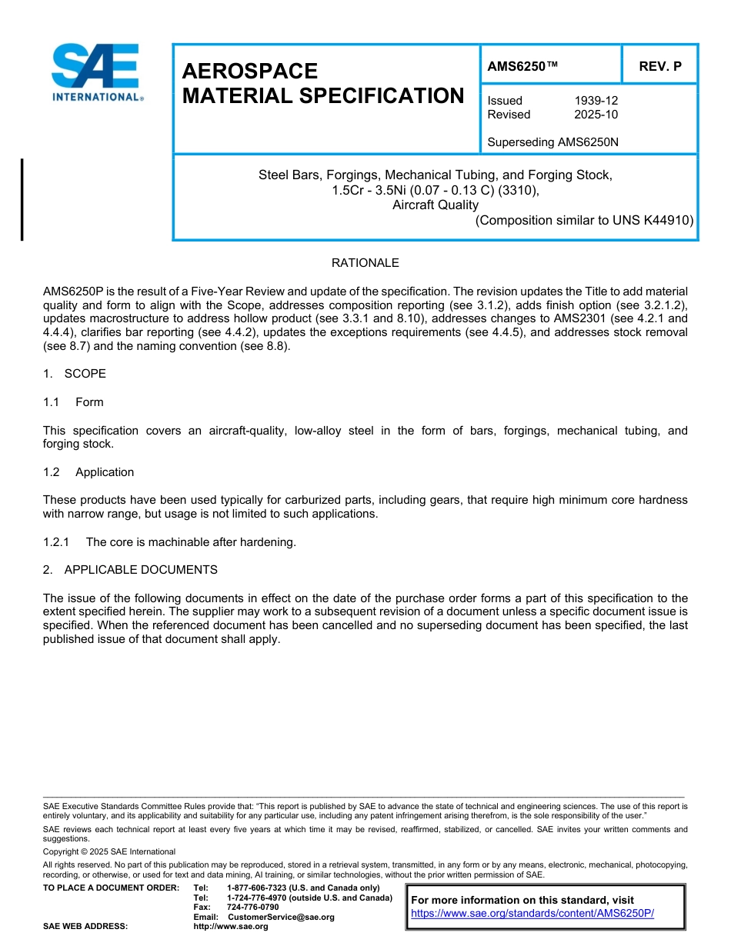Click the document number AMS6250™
(x=522, y=66)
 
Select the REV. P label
(x=659, y=66)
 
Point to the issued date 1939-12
(x=596, y=101)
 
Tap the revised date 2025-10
(x=596, y=115)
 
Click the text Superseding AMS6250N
(x=552, y=142)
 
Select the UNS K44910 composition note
(x=585, y=220)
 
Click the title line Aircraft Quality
(x=436, y=205)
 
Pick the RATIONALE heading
(x=365, y=263)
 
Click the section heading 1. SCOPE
(x=75, y=374)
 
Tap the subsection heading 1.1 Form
(x=73, y=402)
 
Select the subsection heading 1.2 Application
(x=88, y=472)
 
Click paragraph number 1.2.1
(x=56, y=542)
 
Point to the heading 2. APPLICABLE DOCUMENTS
(x=130, y=570)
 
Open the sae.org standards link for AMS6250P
(x=532, y=913)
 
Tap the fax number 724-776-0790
(x=252, y=907)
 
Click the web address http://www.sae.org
(x=231, y=926)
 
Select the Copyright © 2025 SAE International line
(x=109, y=851)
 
